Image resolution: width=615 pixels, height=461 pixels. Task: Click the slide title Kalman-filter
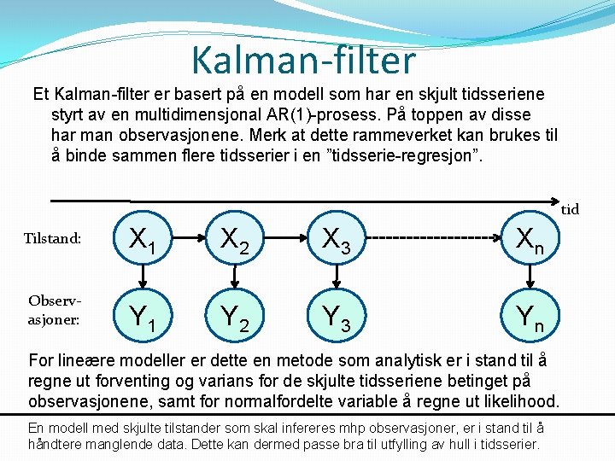(303, 60)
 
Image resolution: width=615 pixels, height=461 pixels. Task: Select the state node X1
(142, 242)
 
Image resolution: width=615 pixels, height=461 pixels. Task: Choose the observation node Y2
(233, 319)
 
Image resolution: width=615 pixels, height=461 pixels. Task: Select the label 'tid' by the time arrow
(571, 210)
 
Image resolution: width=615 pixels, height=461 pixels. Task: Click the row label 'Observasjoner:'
(53, 310)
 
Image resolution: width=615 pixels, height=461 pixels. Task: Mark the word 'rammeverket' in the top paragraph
(439, 135)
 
